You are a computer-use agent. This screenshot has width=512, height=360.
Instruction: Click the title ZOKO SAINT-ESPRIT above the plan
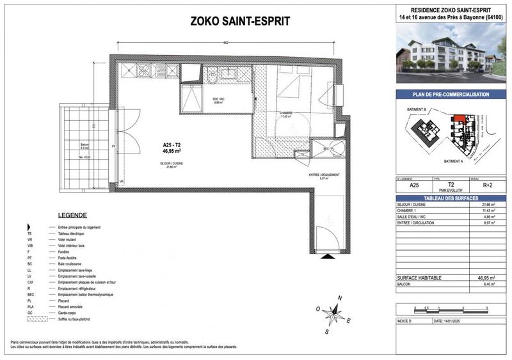coord(241,21)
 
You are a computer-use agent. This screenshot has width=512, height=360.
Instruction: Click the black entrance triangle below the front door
coord(326,256)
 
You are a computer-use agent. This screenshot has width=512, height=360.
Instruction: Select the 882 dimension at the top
coord(226,43)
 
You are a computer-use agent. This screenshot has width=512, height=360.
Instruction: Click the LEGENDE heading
coord(72,215)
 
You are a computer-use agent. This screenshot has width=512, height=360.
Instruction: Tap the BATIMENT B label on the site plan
coord(417,110)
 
